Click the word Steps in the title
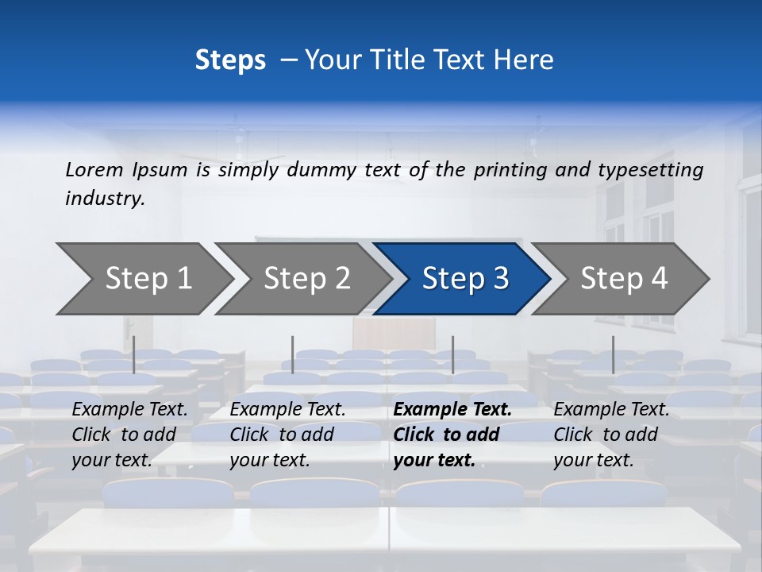click(230, 60)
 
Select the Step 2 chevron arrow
click(306, 279)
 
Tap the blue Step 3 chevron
click(464, 279)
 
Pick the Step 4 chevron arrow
click(624, 279)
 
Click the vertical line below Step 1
click(134, 354)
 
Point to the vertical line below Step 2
click(293, 354)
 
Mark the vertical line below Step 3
click(452, 354)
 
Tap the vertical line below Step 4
click(613, 354)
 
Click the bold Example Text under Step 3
click(452, 410)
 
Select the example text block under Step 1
click(129, 435)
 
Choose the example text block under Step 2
click(287, 435)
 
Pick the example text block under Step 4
click(611, 435)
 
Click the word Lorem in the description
click(94, 170)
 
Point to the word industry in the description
click(105, 199)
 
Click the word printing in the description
click(510, 170)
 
